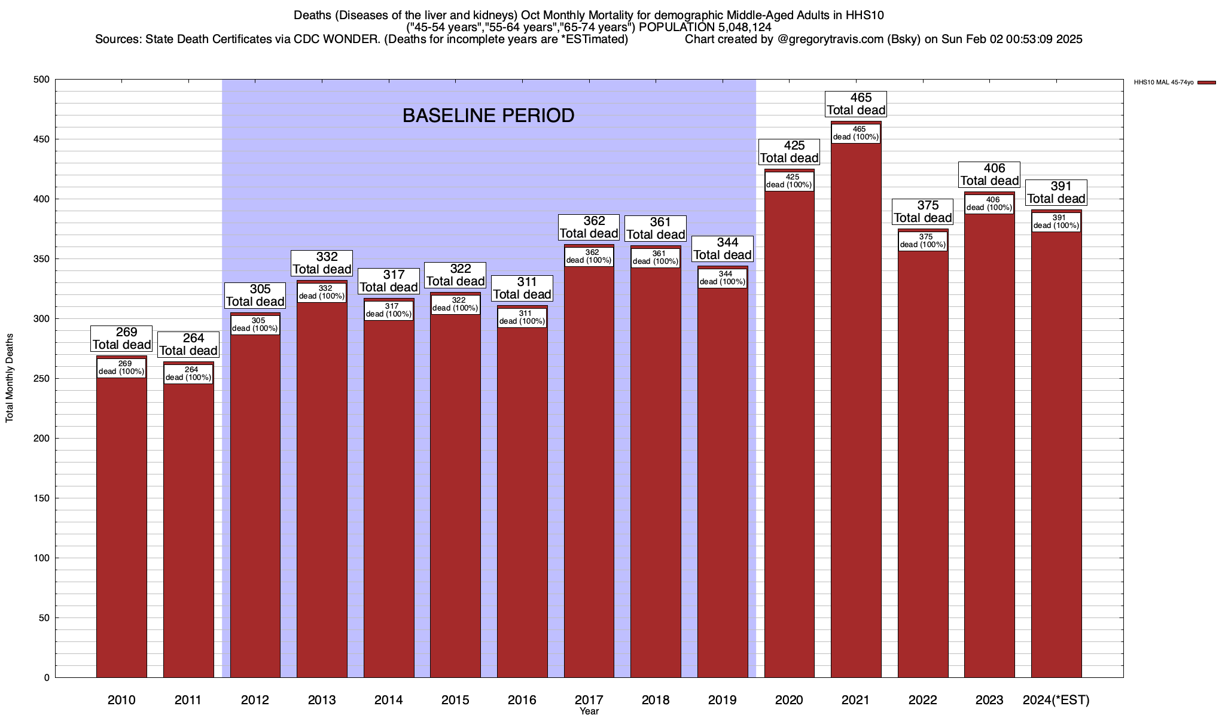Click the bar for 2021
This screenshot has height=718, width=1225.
[x=856, y=419]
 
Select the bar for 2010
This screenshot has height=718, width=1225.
[x=121, y=527]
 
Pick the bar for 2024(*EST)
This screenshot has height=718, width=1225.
[x=1056, y=455]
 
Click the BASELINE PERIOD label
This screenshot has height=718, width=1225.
[x=488, y=115]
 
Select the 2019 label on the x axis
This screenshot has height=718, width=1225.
[x=722, y=699]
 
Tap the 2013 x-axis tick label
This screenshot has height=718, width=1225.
[x=322, y=699]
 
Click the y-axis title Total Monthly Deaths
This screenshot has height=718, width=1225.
[x=10, y=378]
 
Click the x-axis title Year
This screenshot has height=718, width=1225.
[x=589, y=711]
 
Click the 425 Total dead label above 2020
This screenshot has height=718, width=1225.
[x=789, y=152]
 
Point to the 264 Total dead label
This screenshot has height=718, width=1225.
[x=188, y=345]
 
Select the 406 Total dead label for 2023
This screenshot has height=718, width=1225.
[x=989, y=175]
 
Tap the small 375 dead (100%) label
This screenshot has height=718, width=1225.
[x=923, y=241]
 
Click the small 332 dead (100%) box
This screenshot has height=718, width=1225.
[x=322, y=293]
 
